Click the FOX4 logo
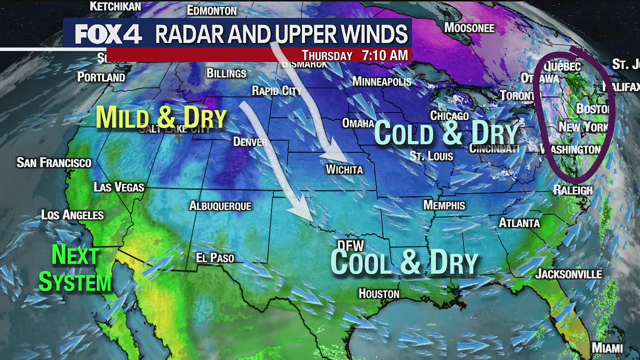108,34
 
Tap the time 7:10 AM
384,55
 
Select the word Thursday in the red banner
327,55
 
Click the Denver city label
250,142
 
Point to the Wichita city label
344,169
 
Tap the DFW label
350,245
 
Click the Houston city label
379,293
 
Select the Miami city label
607,348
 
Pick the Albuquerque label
220,205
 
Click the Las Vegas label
119,187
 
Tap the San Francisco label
54,162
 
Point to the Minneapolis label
381,81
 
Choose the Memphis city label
444,205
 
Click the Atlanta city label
519,223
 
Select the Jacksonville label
568,274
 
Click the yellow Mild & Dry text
161,118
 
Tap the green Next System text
75,269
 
